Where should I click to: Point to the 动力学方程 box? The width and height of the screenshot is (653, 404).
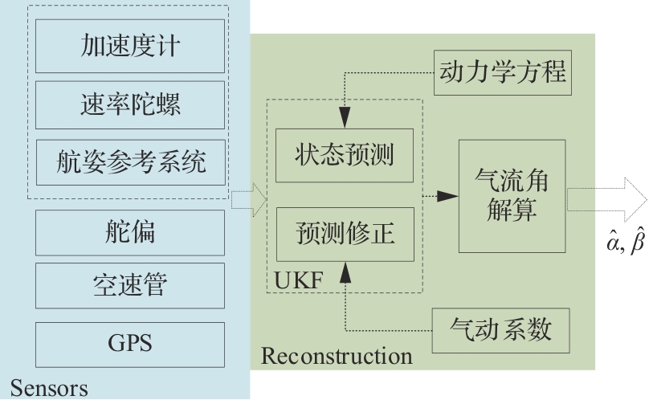(x=503, y=73)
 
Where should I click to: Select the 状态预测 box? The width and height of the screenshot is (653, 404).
(x=345, y=155)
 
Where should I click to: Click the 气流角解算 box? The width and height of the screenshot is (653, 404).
(x=512, y=196)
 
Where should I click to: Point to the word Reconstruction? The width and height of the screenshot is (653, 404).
(x=337, y=355)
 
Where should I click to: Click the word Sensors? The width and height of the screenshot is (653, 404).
(x=48, y=389)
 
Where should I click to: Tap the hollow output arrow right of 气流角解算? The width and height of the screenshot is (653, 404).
(x=606, y=196)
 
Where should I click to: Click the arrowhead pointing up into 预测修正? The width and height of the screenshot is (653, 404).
(x=345, y=273)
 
